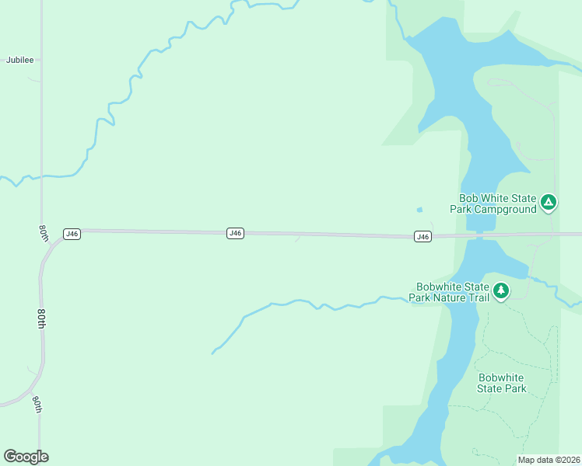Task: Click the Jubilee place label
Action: (20, 60)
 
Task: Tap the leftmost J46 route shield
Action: (72, 233)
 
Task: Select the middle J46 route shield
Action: (236, 233)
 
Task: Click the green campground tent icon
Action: (549, 203)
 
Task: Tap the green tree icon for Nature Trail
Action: (502, 291)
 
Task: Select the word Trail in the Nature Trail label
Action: (477, 297)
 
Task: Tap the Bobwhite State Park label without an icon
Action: (502, 383)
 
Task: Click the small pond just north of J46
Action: (420, 209)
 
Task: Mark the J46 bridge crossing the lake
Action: (480, 235)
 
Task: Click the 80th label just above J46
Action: (44, 232)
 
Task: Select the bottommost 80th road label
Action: (37, 404)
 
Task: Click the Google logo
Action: (26, 457)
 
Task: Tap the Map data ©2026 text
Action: (549, 460)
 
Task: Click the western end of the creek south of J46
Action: (213, 353)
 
